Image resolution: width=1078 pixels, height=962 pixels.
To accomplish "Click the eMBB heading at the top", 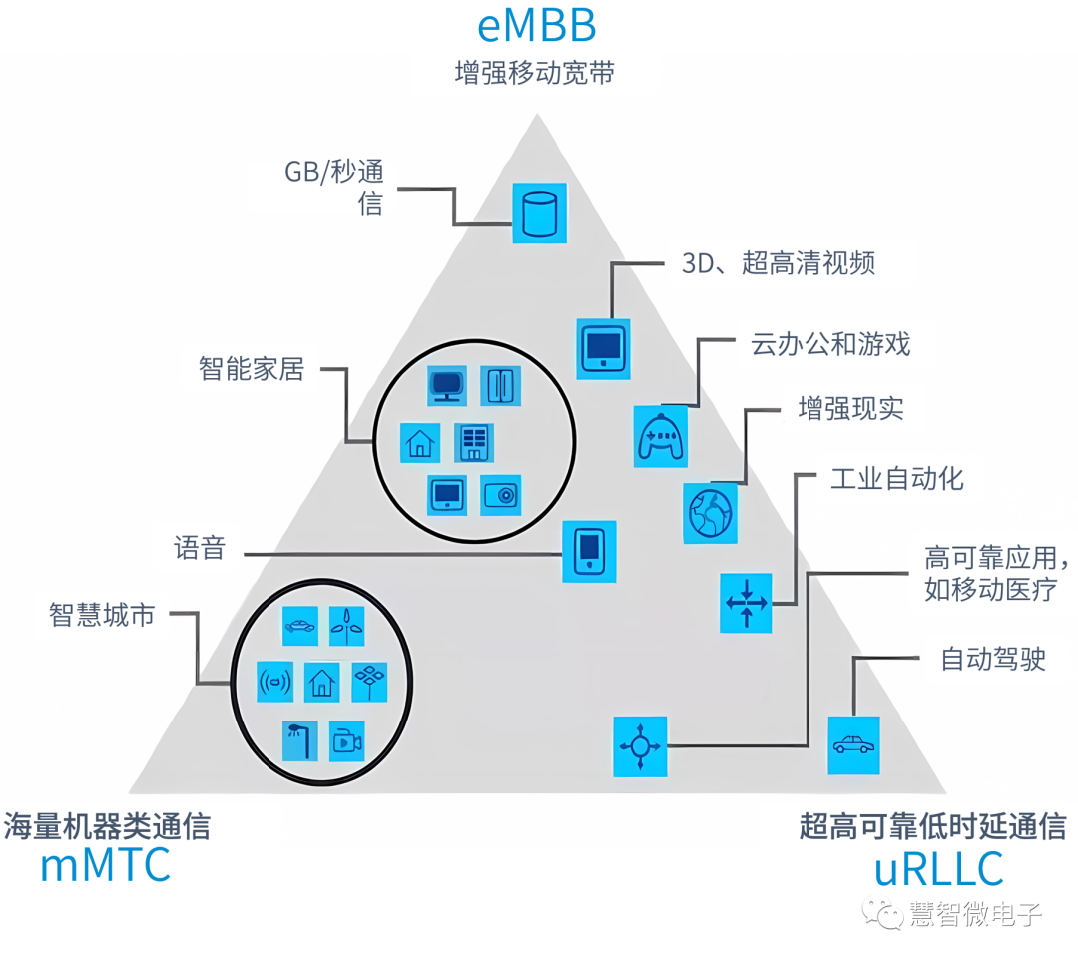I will click(x=536, y=26).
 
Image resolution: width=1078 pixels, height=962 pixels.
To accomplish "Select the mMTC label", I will click(x=105, y=866).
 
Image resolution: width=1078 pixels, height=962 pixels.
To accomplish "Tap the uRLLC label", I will click(x=938, y=868).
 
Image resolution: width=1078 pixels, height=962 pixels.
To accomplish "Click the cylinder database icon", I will click(x=539, y=213).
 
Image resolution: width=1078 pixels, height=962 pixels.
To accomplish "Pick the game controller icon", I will click(x=661, y=436).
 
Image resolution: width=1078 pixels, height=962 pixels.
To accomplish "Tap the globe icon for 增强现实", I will click(x=711, y=513).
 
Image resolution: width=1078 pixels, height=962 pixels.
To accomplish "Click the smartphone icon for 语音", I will click(x=589, y=551).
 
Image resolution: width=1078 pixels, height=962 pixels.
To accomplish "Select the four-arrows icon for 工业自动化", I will click(x=746, y=602).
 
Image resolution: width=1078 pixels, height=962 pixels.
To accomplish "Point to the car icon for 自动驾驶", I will click(x=853, y=744).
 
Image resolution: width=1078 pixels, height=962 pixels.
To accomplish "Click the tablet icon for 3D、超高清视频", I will click(x=604, y=347).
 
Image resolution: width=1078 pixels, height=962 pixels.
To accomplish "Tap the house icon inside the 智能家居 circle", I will click(x=420, y=443).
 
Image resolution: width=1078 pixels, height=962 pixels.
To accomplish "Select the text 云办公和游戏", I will click(x=830, y=345).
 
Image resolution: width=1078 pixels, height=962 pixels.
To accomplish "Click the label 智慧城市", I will click(x=102, y=615).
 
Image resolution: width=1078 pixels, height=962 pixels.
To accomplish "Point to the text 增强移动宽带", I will click(x=534, y=73).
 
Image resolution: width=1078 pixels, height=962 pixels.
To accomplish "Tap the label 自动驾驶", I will click(x=993, y=659).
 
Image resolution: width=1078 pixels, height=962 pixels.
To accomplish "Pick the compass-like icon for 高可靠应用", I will click(x=638, y=745).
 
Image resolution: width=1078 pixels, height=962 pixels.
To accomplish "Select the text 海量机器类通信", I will click(x=107, y=826).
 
